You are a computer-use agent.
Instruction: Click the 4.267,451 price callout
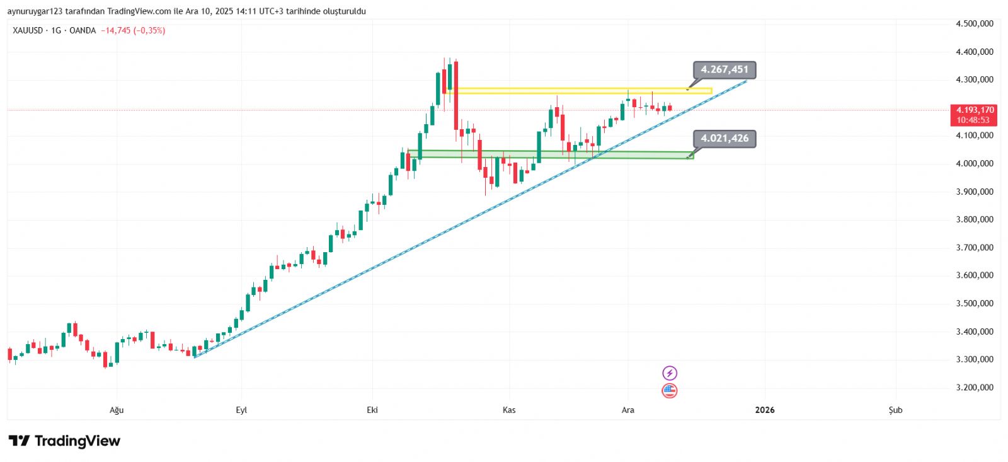point(724,69)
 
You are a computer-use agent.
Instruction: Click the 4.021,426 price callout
point(724,139)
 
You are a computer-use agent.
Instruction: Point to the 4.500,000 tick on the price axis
point(974,24)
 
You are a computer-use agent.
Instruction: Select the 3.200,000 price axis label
point(974,388)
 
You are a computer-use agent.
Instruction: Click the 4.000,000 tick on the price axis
point(974,163)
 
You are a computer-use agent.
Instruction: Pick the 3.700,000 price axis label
point(974,248)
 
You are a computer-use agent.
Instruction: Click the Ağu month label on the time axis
point(117,410)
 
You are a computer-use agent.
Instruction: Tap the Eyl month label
point(241,410)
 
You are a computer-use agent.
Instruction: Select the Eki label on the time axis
point(372,410)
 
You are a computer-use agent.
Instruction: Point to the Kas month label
point(509,410)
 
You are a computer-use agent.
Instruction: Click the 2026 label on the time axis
point(765,410)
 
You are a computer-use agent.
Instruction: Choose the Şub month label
point(895,410)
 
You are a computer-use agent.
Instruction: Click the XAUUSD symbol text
point(28,30)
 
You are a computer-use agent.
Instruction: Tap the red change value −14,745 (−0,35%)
point(133,30)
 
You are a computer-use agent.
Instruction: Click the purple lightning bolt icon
point(670,373)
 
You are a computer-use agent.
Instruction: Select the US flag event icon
point(670,391)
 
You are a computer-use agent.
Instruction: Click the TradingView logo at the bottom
point(64,441)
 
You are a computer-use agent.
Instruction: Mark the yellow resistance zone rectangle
point(580,91)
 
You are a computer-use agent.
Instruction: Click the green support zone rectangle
point(548,154)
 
